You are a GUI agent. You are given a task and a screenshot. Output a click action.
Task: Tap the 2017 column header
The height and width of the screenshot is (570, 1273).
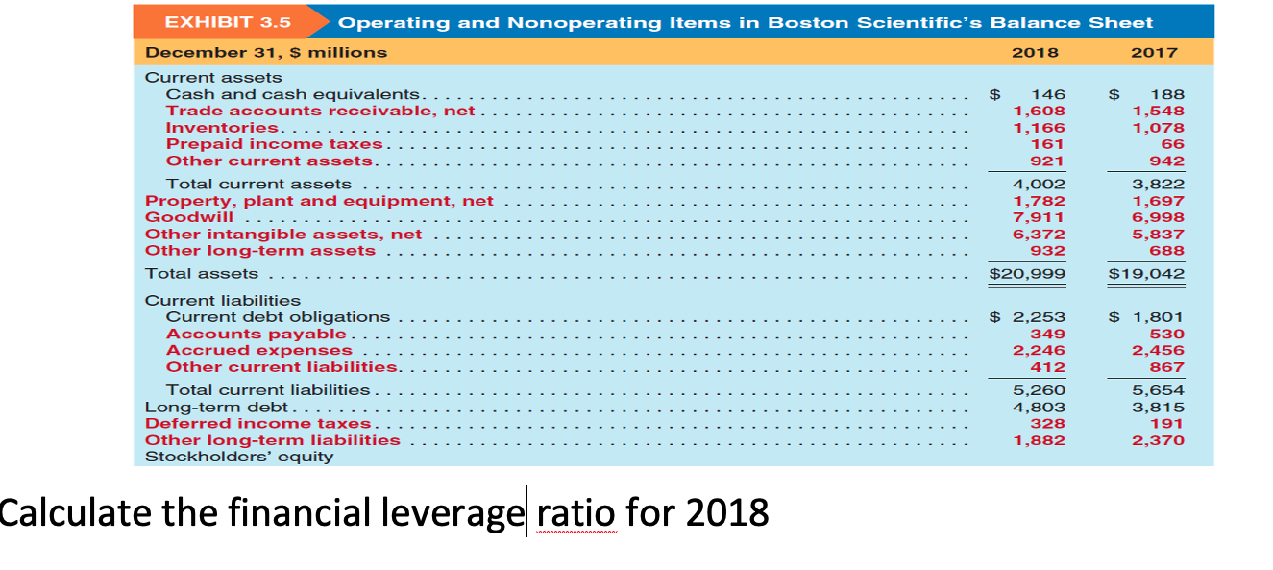1153,52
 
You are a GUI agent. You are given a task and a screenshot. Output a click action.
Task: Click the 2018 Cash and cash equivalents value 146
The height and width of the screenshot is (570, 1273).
1048,94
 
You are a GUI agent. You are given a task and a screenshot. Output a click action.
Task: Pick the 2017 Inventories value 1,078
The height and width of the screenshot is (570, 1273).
1159,128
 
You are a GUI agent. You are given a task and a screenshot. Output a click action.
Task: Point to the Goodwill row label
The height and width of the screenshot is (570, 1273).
189,217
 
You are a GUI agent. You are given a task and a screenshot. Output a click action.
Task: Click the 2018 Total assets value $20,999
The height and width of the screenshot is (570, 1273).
1028,274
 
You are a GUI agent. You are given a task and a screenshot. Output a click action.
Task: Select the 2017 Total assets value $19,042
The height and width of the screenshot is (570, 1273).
1146,274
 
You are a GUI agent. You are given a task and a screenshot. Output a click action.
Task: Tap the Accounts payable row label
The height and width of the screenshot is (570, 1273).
257,334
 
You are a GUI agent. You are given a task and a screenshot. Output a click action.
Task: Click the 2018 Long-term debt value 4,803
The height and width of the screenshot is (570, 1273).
1040,407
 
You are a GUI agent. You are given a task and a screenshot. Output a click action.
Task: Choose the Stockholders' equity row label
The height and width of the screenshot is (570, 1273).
239,457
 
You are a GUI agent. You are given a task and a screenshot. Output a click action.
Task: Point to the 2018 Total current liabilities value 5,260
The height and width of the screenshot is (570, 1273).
1040,389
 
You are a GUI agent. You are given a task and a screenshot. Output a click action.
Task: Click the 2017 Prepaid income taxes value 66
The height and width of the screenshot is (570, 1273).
1172,144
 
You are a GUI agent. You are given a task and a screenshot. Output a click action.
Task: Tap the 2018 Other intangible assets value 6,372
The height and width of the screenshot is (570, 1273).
1040,234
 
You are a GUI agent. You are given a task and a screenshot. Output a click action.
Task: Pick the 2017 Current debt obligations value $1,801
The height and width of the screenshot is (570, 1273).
1147,316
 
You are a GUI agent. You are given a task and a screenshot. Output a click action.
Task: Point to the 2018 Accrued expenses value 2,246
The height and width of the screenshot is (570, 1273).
1040,350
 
